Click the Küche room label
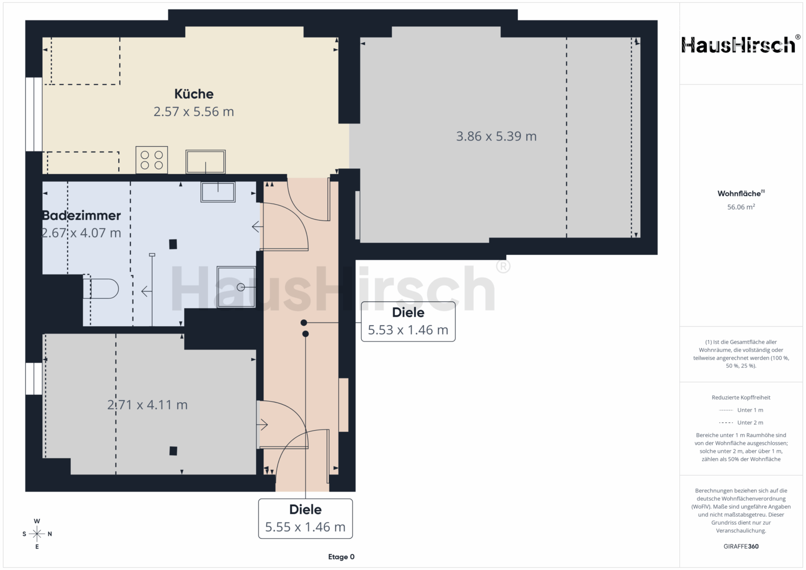point(194,94)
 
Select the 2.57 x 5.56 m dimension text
point(194,111)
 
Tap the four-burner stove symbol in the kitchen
point(151,160)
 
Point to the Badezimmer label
point(82,215)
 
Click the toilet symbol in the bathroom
point(101,289)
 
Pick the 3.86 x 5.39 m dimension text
point(496,136)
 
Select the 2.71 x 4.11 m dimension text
point(147,405)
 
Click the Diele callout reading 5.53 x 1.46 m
point(408,321)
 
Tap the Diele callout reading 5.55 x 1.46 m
point(306,518)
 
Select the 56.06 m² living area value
point(741,207)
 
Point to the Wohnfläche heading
point(741,194)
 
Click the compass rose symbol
point(37,534)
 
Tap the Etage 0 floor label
point(341,557)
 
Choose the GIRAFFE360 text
point(741,546)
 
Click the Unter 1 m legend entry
point(741,410)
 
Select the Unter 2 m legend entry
point(741,422)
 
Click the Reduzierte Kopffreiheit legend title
point(741,397)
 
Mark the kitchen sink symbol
point(205,161)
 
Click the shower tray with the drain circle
point(236,287)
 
